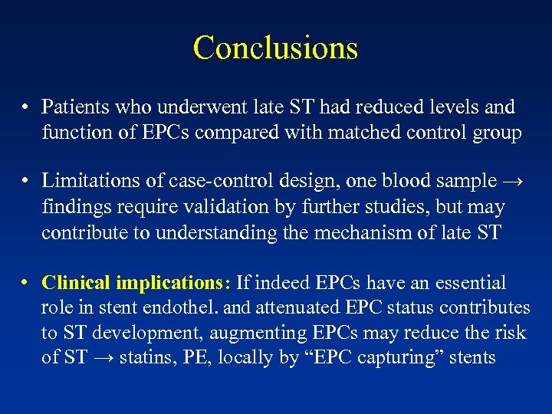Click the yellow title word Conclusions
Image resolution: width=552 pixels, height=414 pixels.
(275, 48)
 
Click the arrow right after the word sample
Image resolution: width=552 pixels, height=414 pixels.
(514, 182)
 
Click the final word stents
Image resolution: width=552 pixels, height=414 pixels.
(472, 358)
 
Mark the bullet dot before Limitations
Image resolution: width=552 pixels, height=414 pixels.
(26, 182)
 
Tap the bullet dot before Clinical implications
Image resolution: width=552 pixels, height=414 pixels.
(26, 284)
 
